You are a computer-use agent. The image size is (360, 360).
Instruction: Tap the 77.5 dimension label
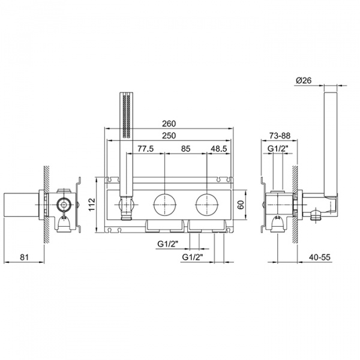tap(146, 148)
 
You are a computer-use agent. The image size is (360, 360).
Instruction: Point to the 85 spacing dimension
tap(185, 148)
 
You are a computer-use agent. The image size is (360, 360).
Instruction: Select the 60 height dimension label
tap(240, 205)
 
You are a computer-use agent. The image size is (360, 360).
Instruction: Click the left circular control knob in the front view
tap(164, 205)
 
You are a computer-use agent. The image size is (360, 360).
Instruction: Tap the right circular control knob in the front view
tap(207, 205)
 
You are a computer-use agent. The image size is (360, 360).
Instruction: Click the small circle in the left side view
tap(62, 205)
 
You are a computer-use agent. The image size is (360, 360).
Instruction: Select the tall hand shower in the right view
tap(329, 144)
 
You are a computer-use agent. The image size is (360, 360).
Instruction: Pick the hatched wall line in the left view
tap(44, 204)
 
